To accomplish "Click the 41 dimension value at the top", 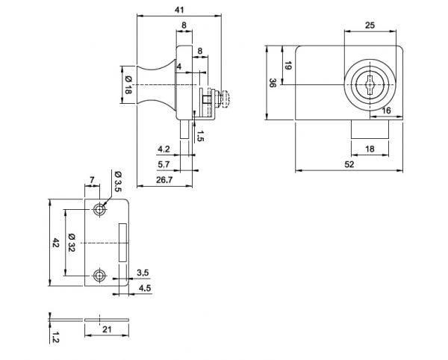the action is point(179,10).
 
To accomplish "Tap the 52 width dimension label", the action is point(349,164).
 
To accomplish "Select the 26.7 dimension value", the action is point(164,180).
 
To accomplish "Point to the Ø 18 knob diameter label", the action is point(128,85).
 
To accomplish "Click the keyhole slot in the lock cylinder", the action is point(370,85).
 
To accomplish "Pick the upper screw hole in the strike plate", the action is point(99,210).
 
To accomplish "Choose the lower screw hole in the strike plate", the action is point(99,276).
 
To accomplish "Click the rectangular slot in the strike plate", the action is point(123,242).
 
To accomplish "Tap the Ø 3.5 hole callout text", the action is point(118,181).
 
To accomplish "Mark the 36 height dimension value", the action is point(273,83).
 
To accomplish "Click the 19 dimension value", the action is point(288,66).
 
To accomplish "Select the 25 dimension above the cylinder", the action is point(370,25).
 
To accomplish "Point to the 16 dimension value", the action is point(386,111).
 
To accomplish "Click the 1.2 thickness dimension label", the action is point(55,337).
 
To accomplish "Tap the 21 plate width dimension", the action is point(107,329).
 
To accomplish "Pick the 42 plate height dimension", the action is point(55,243).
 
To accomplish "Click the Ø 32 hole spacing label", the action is point(71,243).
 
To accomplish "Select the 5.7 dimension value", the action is point(164,164).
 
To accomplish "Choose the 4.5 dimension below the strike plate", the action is point(145,288).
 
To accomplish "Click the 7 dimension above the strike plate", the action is point(92,180).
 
